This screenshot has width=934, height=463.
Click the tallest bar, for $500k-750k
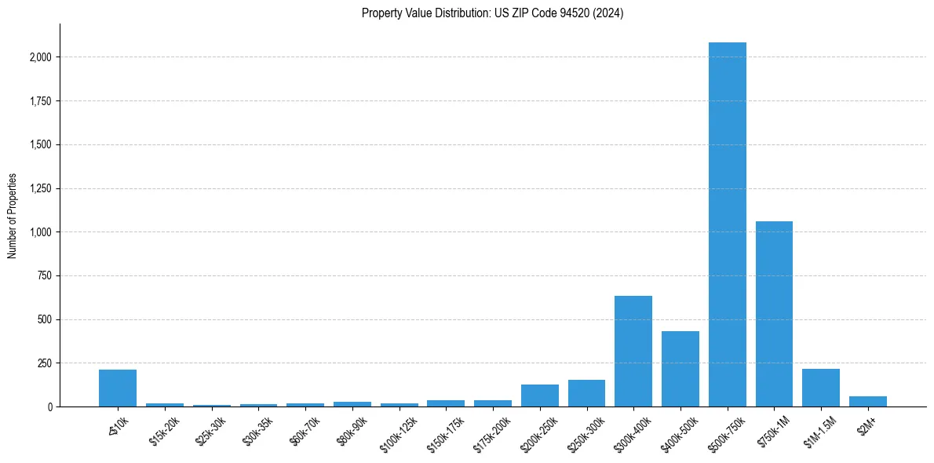point(727,224)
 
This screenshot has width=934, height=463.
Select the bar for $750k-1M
point(774,314)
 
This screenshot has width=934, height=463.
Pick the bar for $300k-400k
point(633,351)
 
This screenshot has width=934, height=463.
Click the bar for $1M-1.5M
point(821,388)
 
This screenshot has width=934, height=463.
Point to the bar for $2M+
point(867,401)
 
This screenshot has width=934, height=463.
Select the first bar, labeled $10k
point(118,388)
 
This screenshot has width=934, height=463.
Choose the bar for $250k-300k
point(586,393)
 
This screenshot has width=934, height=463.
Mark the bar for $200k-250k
point(540,396)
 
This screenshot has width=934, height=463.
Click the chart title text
point(492,13)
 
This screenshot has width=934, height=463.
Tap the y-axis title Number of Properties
point(13,216)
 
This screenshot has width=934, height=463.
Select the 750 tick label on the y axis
point(44,276)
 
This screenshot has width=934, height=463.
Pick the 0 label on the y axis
point(49,407)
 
